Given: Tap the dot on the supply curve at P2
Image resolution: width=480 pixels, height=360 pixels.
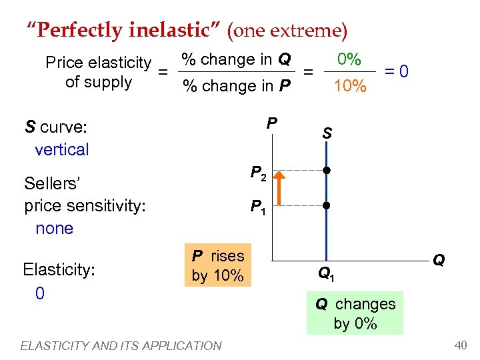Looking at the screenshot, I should (327, 171).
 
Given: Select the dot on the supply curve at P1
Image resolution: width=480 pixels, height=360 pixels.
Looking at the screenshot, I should (327, 205).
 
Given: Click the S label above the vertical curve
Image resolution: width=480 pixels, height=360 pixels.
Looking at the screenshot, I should (327, 133).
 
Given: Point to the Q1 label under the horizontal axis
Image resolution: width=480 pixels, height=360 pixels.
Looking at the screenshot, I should (327, 273).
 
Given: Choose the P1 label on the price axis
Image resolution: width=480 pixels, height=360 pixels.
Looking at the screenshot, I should (259, 208).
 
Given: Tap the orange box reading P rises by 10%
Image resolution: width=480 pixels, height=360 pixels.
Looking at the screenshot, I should (218, 265).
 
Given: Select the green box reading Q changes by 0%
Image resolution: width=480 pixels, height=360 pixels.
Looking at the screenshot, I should (355, 313).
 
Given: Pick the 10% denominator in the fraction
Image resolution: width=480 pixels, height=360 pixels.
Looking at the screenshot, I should (349, 86).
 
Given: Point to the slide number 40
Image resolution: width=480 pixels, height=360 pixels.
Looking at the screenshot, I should (460, 345).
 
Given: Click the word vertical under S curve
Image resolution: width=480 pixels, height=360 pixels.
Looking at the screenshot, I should (61, 149).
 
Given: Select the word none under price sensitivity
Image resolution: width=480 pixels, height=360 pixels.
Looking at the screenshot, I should (54, 228).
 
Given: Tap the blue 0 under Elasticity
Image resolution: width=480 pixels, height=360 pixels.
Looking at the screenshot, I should (39, 293).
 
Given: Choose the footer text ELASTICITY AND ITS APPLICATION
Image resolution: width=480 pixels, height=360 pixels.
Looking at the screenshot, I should (121, 345).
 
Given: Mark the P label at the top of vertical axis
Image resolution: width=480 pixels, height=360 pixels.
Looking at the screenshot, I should (271, 123).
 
